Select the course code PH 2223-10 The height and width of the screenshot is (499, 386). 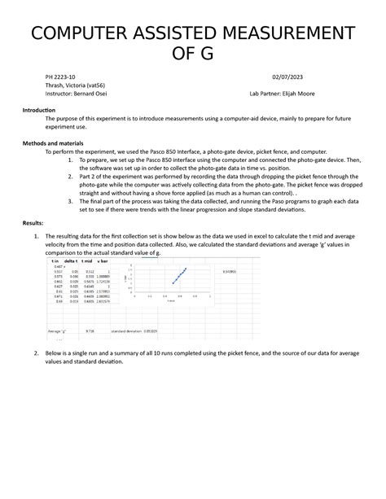pos(60,78)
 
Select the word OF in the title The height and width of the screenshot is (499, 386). pos(192,55)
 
